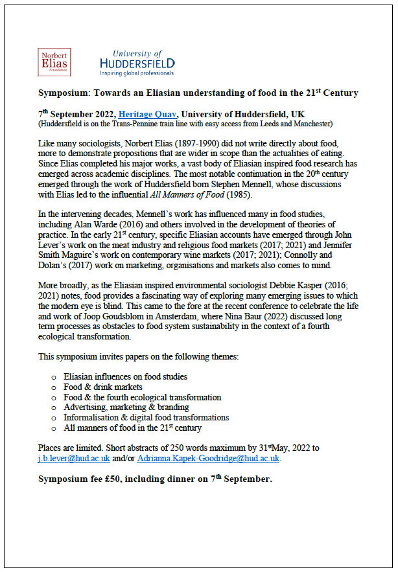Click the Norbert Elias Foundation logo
pos(55,63)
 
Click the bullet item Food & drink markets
pos(102,387)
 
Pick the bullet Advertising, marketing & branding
pos(126,407)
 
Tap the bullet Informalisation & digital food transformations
pos(146,418)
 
